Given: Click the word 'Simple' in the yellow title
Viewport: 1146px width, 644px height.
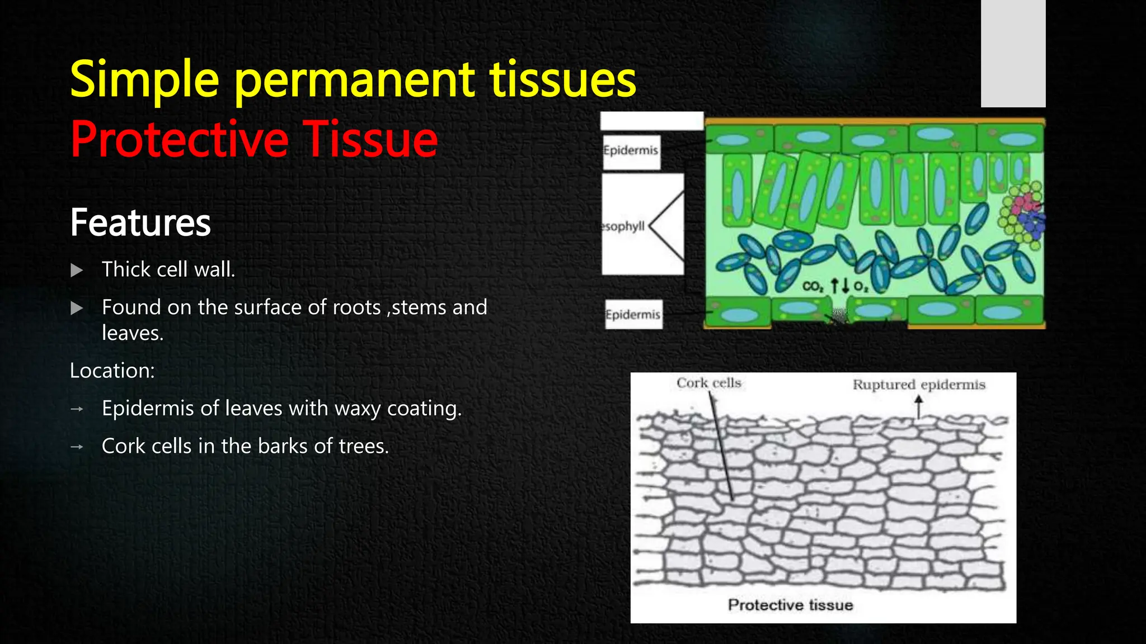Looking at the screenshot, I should click(x=144, y=80).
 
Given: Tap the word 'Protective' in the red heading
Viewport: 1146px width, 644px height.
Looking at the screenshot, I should click(x=179, y=140).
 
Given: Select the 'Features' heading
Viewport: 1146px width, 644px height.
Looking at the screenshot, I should click(x=140, y=222).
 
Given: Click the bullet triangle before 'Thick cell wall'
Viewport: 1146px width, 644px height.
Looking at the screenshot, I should click(x=77, y=271).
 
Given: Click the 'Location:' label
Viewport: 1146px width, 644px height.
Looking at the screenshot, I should click(x=112, y=371).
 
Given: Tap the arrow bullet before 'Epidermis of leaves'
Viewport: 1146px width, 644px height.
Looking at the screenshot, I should click(x=77, y=409).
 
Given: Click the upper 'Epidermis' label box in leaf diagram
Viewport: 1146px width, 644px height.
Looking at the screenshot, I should click(x=631, y=151).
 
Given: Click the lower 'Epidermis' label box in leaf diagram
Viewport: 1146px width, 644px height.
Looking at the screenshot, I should click(x=633, y=315).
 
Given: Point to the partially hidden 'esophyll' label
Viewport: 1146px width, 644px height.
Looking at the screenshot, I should click(x=623, y=226).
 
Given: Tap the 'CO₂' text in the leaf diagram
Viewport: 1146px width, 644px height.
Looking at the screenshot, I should click(x=812, y=287).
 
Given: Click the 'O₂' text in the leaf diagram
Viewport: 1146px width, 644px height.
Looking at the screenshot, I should click(x=861, y=287).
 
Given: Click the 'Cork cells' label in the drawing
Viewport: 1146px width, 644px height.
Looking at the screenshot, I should click(x=708, y=383).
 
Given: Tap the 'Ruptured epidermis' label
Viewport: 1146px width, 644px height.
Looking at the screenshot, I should click(x=918, y=385).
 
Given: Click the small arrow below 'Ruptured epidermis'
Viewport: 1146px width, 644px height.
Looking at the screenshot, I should click(x=918, y=406).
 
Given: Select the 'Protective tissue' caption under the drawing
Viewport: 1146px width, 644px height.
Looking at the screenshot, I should click(x=790, y=605).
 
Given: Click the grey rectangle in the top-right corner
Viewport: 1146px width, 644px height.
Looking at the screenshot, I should click(x=1013, y=53).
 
